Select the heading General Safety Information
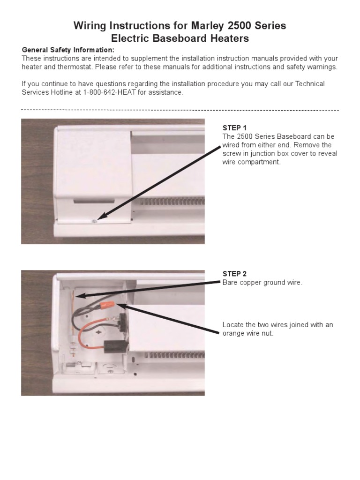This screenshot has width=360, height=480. [68, 50]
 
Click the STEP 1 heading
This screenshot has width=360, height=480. [234, 128]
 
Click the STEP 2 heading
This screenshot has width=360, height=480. [234, 274]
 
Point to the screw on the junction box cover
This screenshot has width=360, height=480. [94, 220]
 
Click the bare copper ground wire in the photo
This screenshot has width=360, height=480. [73, 309]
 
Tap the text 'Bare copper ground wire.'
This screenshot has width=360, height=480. [262, 283]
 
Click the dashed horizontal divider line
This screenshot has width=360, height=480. [180, 111]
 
